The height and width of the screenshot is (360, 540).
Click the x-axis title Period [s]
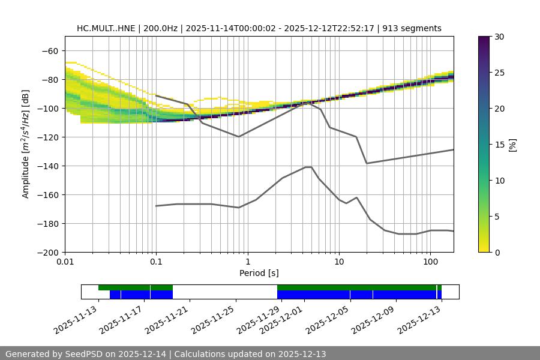pyautogui.click(x=259, y=273)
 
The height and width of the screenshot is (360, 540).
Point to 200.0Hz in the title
pyautogui.click(x=161, y=28)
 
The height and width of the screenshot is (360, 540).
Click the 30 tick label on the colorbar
pyautogui.click(x=499, y=37)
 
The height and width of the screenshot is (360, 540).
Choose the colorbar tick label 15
pyautogui.click(x=499, y=145)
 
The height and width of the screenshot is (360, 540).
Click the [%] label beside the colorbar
pyautogui.click(x=512, y=145)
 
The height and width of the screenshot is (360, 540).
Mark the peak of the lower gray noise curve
pyautogui.click(x=308, y=167)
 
